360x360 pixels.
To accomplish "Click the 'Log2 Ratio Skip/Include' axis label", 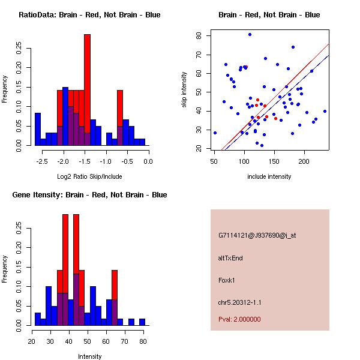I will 89,176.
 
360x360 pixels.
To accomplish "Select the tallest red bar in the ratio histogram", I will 87,90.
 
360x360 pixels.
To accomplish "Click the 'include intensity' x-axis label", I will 269,176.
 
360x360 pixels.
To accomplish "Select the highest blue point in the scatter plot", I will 250,34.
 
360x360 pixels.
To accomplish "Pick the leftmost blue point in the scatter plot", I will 215,133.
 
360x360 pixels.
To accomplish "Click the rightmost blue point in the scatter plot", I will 325,111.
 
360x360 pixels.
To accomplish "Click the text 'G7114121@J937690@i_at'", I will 257,235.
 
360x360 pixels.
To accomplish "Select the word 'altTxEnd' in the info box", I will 230,258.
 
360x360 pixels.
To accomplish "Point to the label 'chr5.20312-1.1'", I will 239,302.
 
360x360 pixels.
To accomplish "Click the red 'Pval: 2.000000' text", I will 239,319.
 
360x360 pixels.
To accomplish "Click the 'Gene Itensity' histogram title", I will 89,195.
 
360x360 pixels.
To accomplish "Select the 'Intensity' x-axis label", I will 89,356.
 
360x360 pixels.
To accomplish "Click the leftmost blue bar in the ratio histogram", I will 37,129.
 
